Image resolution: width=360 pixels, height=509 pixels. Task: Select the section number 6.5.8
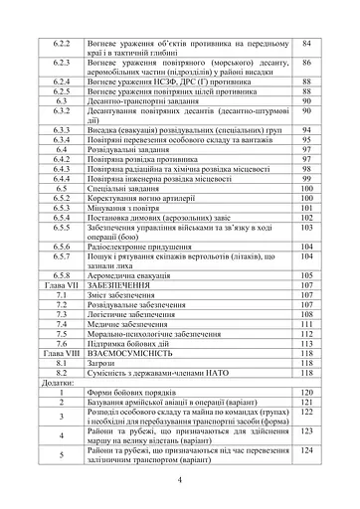point(63,274)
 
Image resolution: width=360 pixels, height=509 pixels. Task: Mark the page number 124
point(307,451)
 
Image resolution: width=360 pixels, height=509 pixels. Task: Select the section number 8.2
point(63,374)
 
